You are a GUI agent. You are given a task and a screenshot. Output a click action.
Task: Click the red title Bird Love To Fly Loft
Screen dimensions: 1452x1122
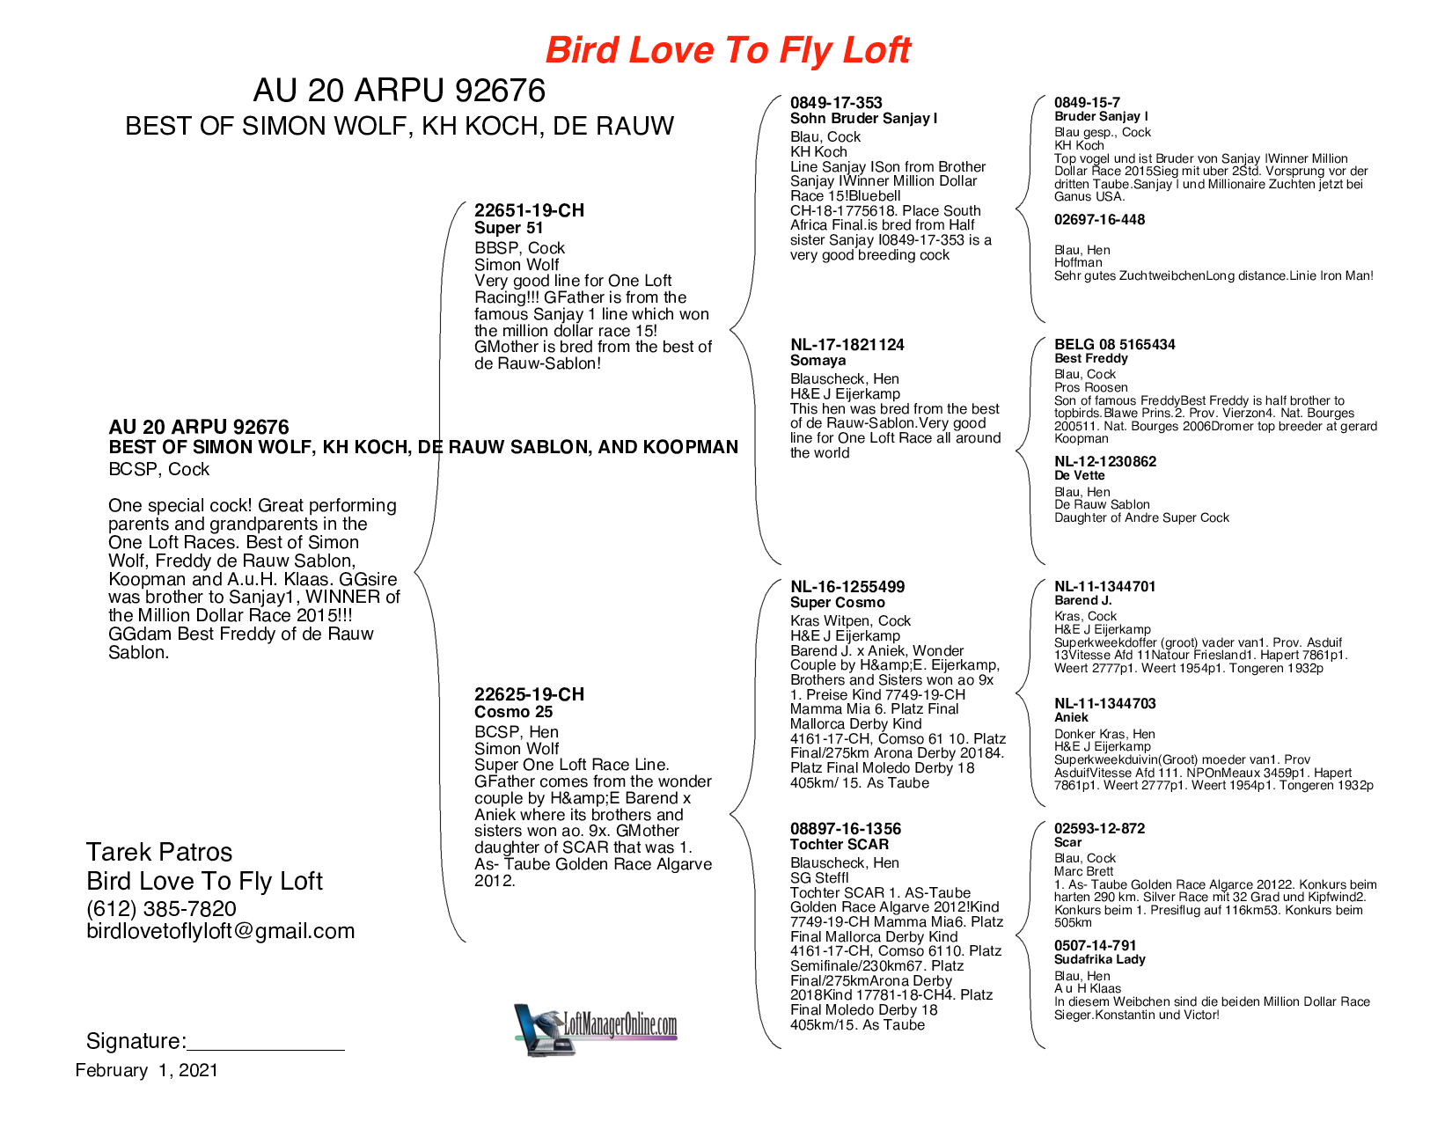click(728, 50)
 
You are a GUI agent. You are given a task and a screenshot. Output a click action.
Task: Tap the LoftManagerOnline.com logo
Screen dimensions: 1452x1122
click(596, 1029)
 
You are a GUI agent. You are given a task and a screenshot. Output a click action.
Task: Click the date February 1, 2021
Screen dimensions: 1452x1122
click(146, 1071)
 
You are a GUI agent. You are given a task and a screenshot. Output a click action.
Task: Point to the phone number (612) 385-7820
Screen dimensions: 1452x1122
click(161, 909)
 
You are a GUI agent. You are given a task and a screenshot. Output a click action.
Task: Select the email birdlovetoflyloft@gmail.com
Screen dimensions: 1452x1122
click(221, 932)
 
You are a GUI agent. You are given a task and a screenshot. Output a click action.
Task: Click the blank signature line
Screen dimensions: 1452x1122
click(266, 1050)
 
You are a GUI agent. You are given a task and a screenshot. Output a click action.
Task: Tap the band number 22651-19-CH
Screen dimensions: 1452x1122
click(529, 210)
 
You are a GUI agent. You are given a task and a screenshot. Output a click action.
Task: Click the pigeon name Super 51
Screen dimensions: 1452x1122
click(509, 228)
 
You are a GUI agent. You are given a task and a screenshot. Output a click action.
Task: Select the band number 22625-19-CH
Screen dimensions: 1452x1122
click(529, 694)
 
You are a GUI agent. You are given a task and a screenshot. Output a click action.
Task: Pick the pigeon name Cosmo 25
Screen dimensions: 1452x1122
click(513, 712)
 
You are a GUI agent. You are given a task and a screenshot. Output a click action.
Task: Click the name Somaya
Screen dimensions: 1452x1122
click(818, 360)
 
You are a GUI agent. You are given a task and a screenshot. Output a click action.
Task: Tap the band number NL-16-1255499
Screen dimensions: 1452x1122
click(847, 587)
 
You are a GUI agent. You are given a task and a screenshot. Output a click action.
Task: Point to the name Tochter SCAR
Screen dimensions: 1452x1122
click(840, 844)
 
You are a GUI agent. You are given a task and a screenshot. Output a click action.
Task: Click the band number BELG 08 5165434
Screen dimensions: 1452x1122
click(1115, 344)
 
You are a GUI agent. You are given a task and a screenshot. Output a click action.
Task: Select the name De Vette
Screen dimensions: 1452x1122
click(1079, 475)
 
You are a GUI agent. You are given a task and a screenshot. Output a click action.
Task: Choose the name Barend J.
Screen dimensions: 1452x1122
click(1082, 600)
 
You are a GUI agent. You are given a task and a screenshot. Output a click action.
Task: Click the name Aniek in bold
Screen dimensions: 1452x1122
click(1071, 717)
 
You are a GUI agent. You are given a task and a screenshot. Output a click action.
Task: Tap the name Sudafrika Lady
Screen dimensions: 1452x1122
click(1100, 959)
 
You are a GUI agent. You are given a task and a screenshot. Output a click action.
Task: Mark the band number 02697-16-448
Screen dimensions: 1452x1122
click(1099, 219)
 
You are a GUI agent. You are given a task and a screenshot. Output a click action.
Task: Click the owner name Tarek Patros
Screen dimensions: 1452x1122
click(159, 852)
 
